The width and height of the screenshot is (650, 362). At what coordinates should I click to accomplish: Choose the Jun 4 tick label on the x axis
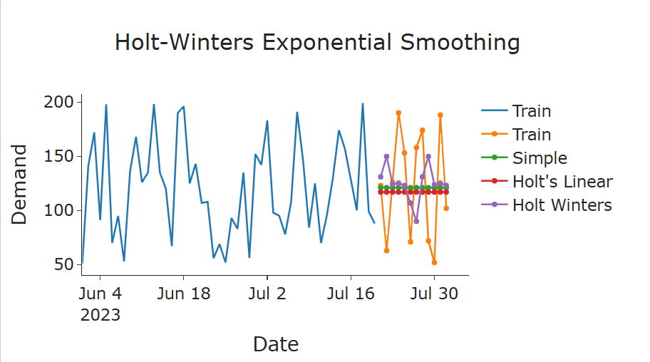click(x=100, y=293)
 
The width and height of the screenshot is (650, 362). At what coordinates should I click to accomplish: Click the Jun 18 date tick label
click(x=183, y=293)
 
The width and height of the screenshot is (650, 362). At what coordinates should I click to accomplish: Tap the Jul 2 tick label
click(x=267, y=293)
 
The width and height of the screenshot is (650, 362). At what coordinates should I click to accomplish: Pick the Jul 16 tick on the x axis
click(x=350, y=293)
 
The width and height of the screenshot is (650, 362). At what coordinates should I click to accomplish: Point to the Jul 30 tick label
click(x=434, y=293)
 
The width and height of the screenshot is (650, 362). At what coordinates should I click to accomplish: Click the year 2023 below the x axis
click(x=100, y=314)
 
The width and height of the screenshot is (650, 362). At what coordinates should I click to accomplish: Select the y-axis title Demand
click(x=20, y=185)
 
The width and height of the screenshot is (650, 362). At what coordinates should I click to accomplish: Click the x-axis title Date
click(x=275, y=345)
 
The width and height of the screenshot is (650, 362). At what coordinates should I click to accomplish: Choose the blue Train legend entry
click(x=531, y=111)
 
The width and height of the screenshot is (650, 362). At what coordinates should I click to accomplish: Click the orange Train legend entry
click(x=531, y=135)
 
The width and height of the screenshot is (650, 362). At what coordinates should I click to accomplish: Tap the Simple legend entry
click(x=540, y=158)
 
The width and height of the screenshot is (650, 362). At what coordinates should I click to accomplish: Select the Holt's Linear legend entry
click(x=562, y=182)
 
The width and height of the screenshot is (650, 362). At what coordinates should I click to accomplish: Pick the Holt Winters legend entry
click(x=562, y=205)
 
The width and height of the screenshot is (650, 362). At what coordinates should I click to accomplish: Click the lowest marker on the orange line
click(x=434, y=262)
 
